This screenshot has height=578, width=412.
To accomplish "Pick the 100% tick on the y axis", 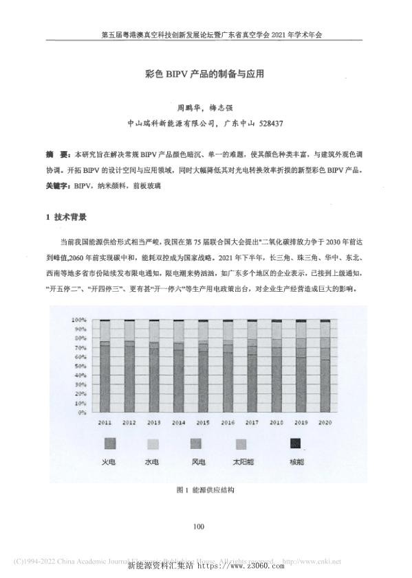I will click(79, 320).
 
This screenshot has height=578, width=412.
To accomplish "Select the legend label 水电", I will click(152, 463).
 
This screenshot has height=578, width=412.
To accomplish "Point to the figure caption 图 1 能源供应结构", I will click(206, 490).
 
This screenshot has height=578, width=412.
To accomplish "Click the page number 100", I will click(199, 527).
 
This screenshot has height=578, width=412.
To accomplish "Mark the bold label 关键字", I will click(58, 186).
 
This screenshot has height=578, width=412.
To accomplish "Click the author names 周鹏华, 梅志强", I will click(206, 108).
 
